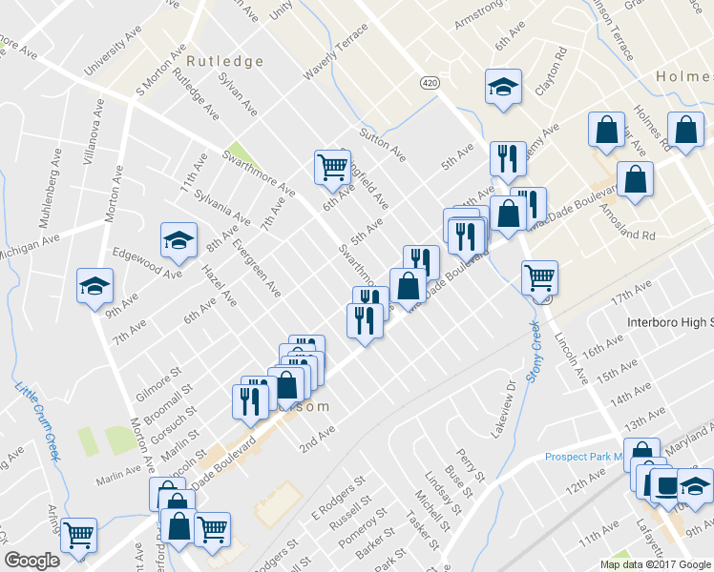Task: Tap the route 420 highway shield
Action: tap(430, 83)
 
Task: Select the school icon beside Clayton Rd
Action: tap(502, 88)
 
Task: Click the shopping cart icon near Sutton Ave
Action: tap(332, 167)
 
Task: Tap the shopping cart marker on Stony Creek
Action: tap(540, 278)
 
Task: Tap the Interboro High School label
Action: tap(669, 322)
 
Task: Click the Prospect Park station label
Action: tap(583, 457)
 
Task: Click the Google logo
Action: tap(31, 561)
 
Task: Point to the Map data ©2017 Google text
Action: tap(654, 564)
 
